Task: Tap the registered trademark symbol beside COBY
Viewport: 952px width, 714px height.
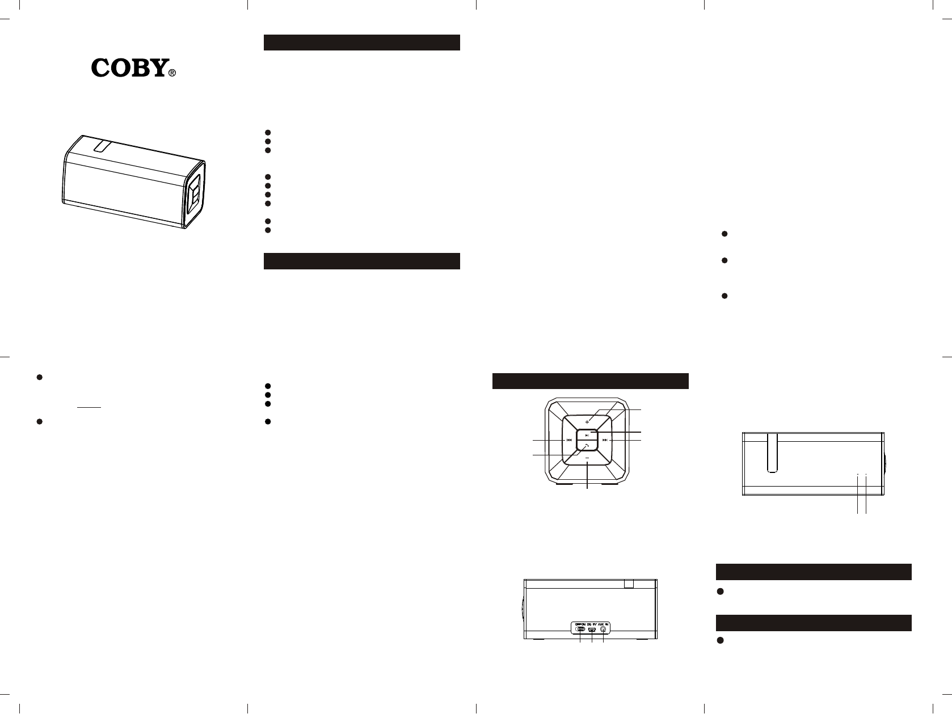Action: point(172,73)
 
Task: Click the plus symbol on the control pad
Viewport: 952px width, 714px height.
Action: point(587,422)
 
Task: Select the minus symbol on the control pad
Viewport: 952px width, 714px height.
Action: point(587,458)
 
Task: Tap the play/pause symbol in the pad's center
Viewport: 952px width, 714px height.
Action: point(587,435)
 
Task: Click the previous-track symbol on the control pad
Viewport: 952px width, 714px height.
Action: point(568,440)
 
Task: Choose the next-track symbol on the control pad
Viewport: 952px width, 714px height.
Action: point(605,440)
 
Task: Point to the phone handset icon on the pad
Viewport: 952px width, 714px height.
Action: point(587,446)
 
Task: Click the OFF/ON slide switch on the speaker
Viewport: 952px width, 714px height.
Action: point(580,629)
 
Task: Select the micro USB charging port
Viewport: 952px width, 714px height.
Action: point(592,629)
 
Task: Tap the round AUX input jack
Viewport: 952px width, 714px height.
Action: point(603,629)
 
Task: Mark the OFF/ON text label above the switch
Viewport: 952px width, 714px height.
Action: point(580,623)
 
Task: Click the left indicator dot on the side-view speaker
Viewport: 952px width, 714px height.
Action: point(858,474)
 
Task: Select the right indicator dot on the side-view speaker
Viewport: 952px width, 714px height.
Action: point(866,474)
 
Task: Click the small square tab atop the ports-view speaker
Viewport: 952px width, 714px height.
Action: point(628,584)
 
